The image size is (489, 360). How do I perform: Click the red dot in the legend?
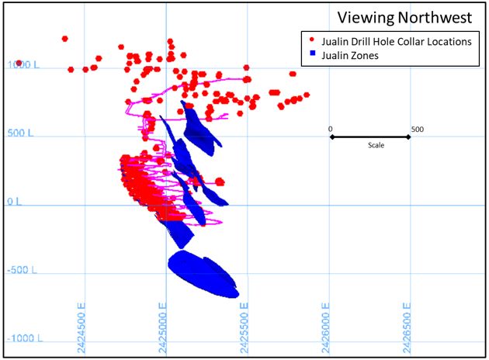coord(312,41)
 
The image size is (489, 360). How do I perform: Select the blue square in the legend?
coord(312,54)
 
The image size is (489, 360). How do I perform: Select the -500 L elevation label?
coord(23,270)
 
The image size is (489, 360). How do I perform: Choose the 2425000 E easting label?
coord(163,327)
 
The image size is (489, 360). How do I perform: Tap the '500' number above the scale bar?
coord(417,129)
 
